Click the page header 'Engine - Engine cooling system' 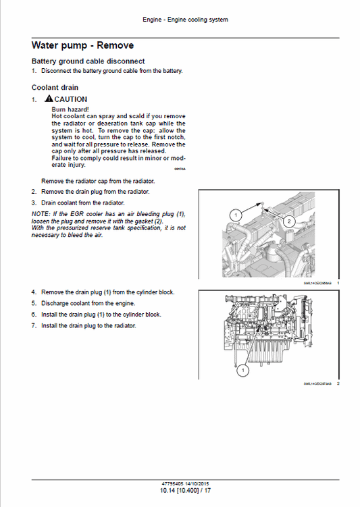click(x=185, y=20)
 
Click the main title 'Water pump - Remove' click(x=82, y=45)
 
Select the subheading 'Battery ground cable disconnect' click(x=88, y=61)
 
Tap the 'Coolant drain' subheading click(x=55, y=87)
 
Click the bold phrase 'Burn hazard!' click(x=70, y=109)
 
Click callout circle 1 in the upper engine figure click(x=236, y=215)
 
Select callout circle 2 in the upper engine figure click(x=288, y=221)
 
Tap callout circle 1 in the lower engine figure click(x=240, y=370)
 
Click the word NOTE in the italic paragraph click(x=41, y=213)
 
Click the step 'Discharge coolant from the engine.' click(x=86, y=303)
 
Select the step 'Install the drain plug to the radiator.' click(x=88, y=325)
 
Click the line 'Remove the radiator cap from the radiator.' click(x=98, y=181)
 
